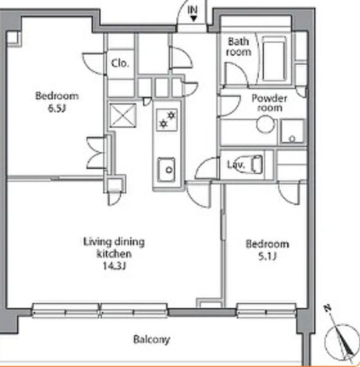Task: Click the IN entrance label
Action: coord(192,10)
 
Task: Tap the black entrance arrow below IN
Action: coord(193,19)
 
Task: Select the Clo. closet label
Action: coord(120,63)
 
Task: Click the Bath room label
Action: coord(239,46)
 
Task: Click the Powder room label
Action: coord(269,103)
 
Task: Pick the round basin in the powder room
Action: coord(265,124)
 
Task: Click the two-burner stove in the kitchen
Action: coord(167,120)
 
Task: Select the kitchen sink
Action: coord(166,169)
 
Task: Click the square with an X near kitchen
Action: coord(123,115)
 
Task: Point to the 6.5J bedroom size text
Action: coord(57,109)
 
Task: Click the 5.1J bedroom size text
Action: coord(267,256)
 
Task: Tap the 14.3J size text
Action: coord(114,266)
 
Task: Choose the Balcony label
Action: coord(151,339)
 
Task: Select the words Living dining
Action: coord(114,242)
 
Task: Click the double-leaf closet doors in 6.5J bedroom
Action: coord(97,152)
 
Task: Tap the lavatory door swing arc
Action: coord(206,167)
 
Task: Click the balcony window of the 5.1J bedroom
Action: coord(266,310)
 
